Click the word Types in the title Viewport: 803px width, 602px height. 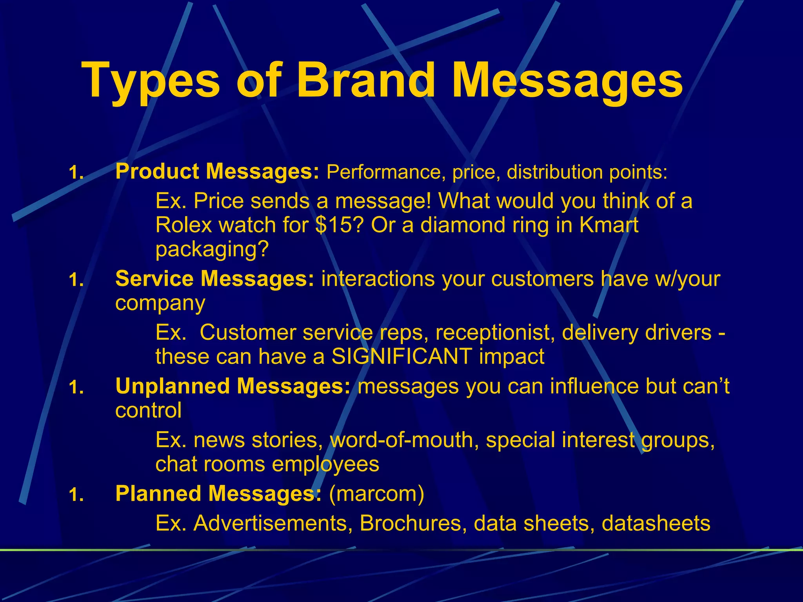151,80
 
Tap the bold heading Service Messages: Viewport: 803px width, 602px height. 215,279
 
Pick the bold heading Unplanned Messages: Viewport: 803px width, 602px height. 233,386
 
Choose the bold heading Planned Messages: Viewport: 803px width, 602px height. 218,493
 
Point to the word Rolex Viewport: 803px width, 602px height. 183,225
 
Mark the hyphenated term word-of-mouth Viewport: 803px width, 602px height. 404,440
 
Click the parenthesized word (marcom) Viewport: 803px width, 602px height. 376,493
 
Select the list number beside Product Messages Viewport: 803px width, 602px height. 76,172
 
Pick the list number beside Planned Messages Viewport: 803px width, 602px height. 76,495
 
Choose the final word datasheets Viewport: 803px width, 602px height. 656,523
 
